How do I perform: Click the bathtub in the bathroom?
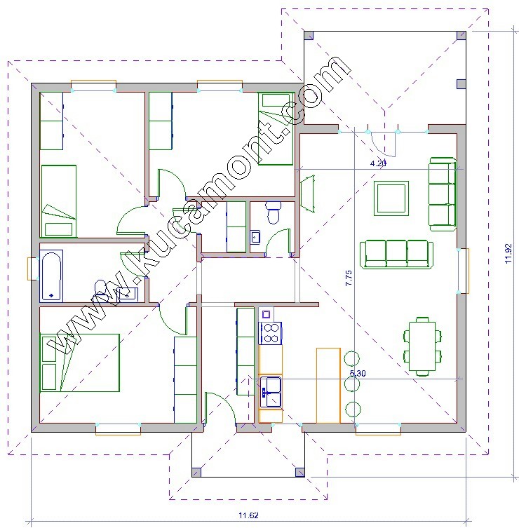coord(51,276)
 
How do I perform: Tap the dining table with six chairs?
coord(422,346)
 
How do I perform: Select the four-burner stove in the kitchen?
coord(270,333)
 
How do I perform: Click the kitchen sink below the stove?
coord(271,392)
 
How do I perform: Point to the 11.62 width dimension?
coord(248,515)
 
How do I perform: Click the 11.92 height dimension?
coord(508,253)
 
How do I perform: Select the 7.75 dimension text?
coord(349,278)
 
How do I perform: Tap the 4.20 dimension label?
coord(378,163)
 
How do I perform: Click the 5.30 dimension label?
coord(358,373)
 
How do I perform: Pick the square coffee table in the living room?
coord(391,198)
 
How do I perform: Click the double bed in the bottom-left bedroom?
coord(79,363)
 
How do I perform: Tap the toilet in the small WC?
coord(273,212)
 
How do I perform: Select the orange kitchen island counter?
coord(328,386)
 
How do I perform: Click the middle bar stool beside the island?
coord(352,384)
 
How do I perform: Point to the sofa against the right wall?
coord(443,194)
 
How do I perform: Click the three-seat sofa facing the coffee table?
coord(396,255)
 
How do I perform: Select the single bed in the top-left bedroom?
coord(58,201)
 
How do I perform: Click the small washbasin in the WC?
coord(255,237)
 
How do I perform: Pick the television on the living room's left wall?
coord(308,194)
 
